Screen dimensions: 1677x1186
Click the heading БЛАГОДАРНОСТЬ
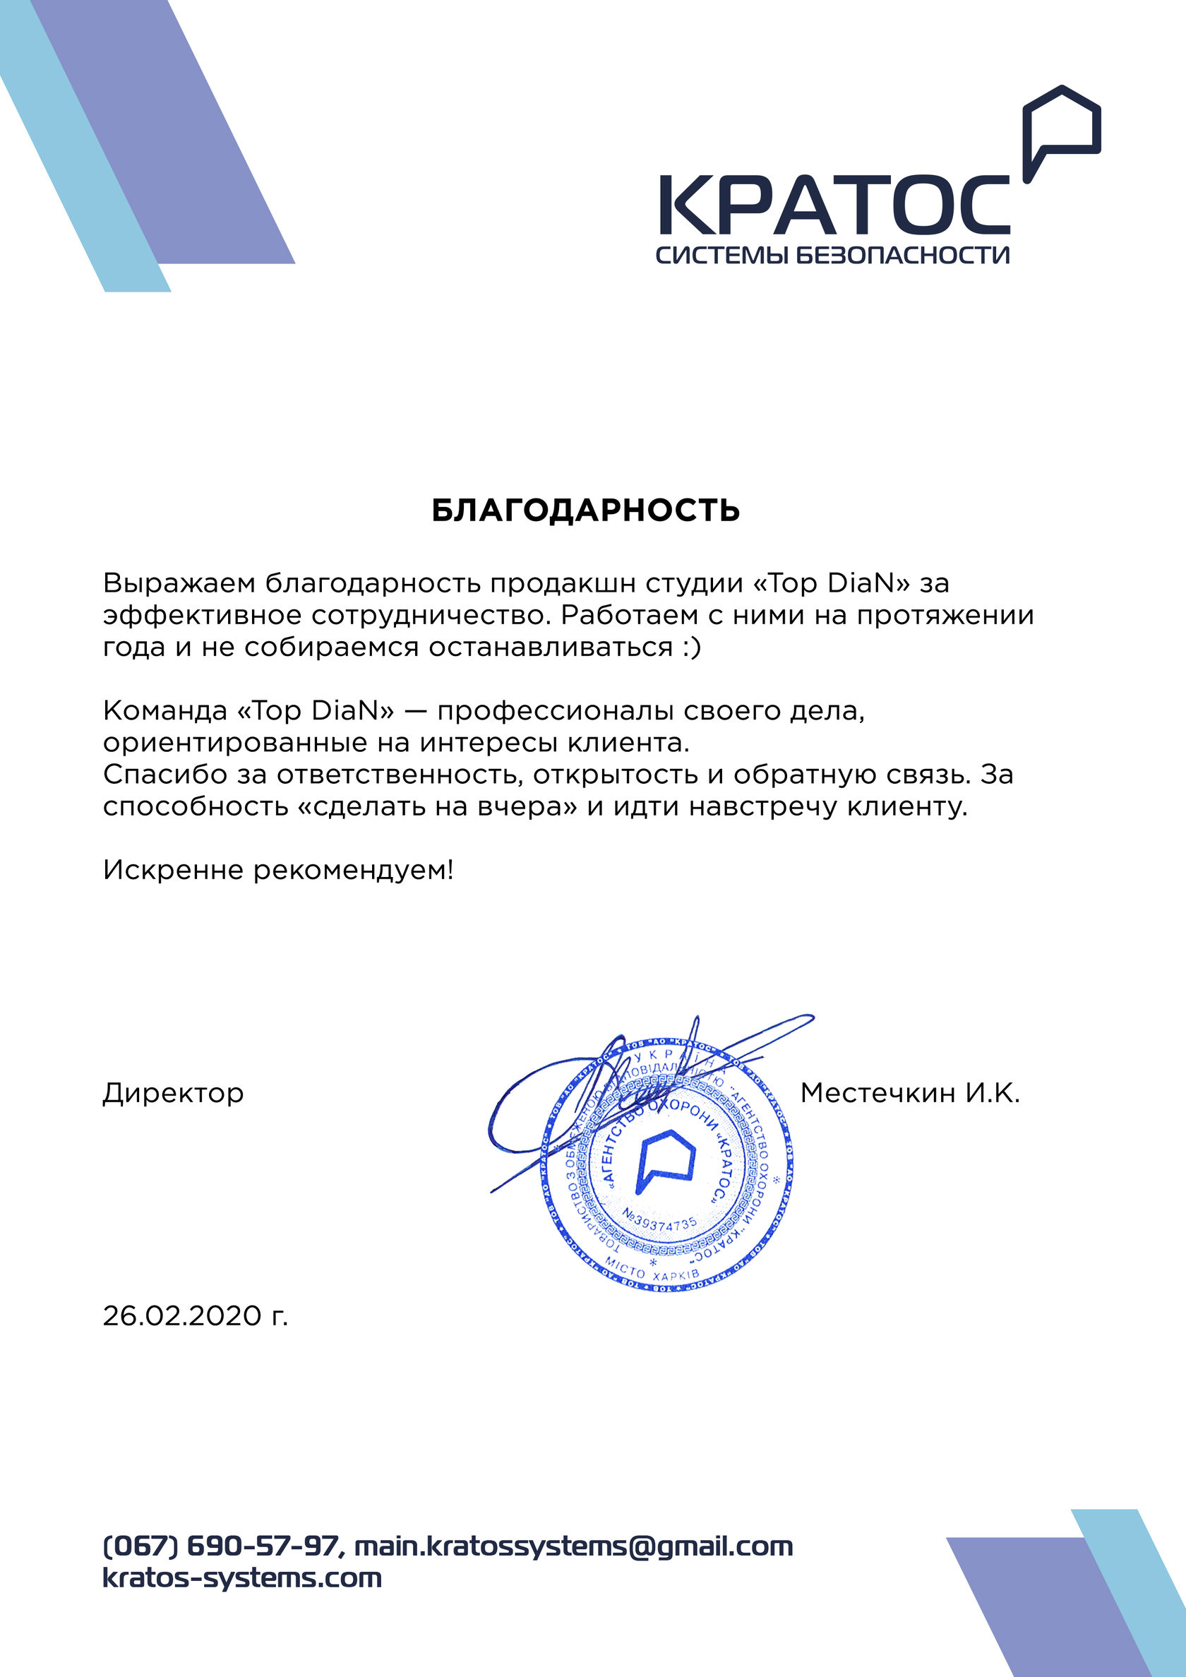(x=586, y=511)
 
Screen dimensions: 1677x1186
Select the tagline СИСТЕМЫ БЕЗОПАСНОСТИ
(x=832, y=255)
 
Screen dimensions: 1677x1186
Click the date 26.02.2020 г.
(x=195, y=1315)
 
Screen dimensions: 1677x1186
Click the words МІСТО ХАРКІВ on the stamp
(x=652, y=1272)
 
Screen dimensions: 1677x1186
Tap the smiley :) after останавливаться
(x=692, y=647)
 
